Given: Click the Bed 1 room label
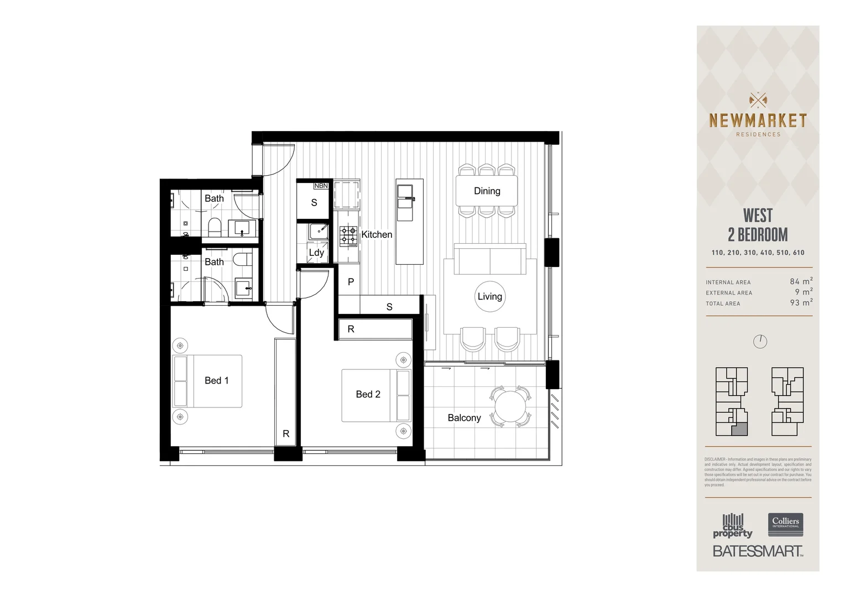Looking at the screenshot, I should coord(216,380).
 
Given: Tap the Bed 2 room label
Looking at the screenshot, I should coord(368,394).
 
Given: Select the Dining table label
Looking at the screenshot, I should coord(487,191).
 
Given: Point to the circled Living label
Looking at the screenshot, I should coord(490,296).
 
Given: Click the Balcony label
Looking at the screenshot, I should coord(464,418).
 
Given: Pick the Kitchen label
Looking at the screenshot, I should coord(377,234).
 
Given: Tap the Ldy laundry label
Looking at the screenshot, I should coord(316,253).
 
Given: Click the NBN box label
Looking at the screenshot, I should coord(321,186).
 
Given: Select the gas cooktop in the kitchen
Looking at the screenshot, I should coord(348,235).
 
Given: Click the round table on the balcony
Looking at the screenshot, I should coord(510,407).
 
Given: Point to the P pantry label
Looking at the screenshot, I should coord(351,282).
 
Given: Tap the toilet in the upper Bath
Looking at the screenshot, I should coord(215,225).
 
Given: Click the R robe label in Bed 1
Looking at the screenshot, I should coord(286,434).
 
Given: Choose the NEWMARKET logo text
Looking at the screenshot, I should coord(758,121).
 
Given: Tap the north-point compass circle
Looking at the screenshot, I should coord(760,342).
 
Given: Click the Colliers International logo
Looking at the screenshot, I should coord(785,523).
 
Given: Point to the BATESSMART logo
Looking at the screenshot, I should coord(757,551).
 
